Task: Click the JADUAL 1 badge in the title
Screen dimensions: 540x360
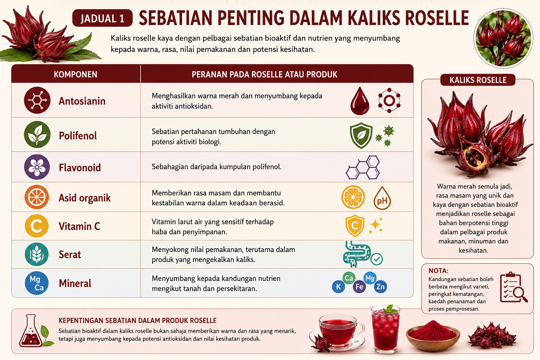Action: coord(102,18)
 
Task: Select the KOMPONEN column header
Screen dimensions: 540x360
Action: coord(76,75)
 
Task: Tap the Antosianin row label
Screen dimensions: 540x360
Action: coord(82,101)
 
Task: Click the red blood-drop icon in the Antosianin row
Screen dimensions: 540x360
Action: coord(360,101)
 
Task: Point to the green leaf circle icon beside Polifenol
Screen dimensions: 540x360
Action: coord(37,134)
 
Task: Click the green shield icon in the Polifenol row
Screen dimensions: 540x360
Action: coord(361,135)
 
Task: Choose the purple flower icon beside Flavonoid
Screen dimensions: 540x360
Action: coord(37,167)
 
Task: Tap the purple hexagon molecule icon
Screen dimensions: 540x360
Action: coord(363,167)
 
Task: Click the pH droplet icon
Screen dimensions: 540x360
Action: coord(382,198)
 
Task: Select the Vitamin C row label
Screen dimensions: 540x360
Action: coord(79,226)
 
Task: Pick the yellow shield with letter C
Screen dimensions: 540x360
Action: coord(355,226)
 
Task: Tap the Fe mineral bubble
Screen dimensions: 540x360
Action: coord(359,287)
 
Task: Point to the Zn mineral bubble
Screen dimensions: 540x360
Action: coord(380,287)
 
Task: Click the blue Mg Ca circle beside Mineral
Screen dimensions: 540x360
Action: coord(37,283)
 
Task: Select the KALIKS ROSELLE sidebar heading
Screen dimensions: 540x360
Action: coord(478,80)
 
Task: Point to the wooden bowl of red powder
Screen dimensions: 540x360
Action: coord(433,335)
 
